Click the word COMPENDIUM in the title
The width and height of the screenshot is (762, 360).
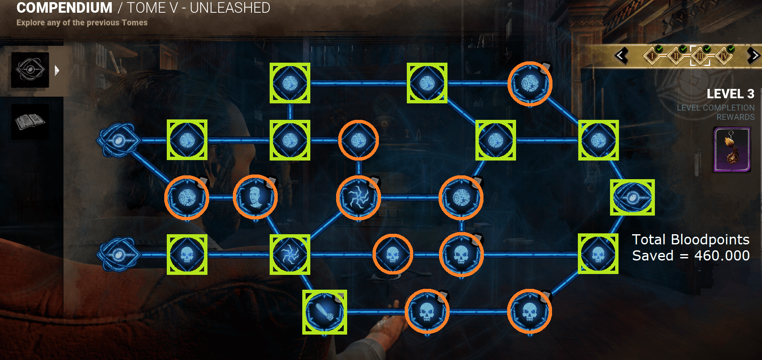(x=64, y=8)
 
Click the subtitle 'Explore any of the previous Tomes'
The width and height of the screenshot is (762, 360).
(x=82, y=23)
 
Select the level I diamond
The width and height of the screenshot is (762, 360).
(x=652, y=56)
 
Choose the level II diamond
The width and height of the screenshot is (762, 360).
(x=676, y=56)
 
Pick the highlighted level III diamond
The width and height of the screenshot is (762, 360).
(x=700, y=56)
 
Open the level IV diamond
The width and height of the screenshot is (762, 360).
(x=724, y=56)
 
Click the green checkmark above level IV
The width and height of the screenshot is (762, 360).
(x=731, y=49)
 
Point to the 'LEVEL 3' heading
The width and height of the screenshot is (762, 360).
(x=730, y=94)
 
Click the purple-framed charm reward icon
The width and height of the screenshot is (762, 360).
(x=732, y=150)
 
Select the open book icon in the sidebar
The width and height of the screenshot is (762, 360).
(x=30, y=122)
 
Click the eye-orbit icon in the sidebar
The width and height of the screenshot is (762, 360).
(x=30, y=70)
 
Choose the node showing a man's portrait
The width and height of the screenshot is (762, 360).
(x=255, y=197)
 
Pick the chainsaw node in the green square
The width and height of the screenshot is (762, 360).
(x=325, y=312)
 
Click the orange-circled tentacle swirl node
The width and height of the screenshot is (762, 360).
(x=359, y=197)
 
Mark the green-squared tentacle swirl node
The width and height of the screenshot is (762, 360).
(x=290, y=255)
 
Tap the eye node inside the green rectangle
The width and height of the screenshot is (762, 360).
(x=632, y=197)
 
